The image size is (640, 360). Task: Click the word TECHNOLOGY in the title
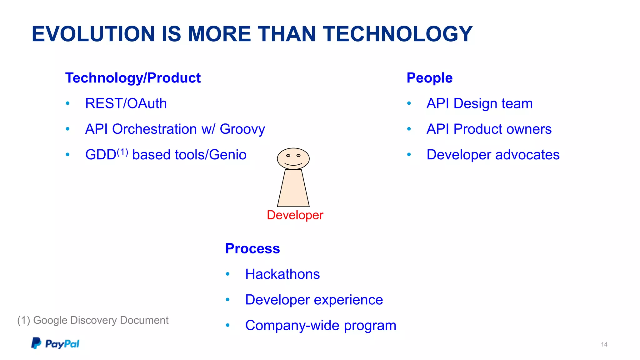(397, 34)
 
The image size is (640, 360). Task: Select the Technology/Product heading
(133, 78)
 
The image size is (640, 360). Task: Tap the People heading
(429, 78)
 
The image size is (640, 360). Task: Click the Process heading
(252, 248)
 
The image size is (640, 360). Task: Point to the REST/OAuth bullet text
(126, 103)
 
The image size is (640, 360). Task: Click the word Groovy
(242, 129)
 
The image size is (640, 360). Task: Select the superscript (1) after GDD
(122, 152)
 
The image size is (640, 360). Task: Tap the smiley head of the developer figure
(293, 158)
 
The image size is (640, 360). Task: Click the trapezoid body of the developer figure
(293, 189)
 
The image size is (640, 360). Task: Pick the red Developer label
(295, 215)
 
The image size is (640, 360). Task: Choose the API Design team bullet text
(479, 103)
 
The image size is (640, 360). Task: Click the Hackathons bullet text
(282, 274)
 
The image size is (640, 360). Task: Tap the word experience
(348, 300)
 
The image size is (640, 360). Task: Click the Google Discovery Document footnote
(93, 320)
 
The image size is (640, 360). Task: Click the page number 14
(604, 344)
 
